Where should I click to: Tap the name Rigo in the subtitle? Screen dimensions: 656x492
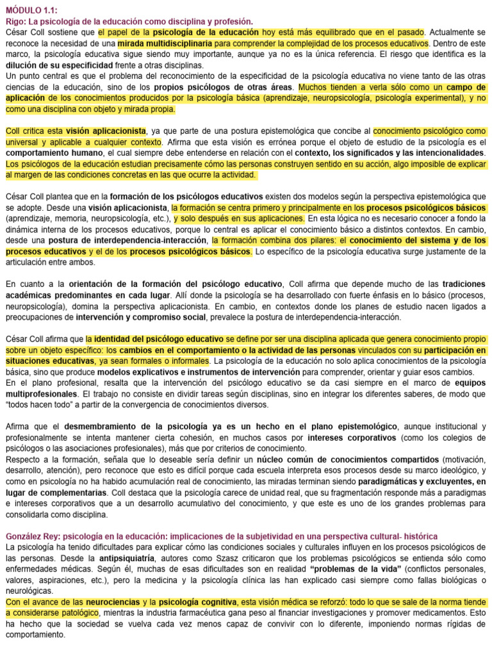point(15,21)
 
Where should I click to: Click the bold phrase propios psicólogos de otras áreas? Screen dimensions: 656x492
point(235,86)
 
